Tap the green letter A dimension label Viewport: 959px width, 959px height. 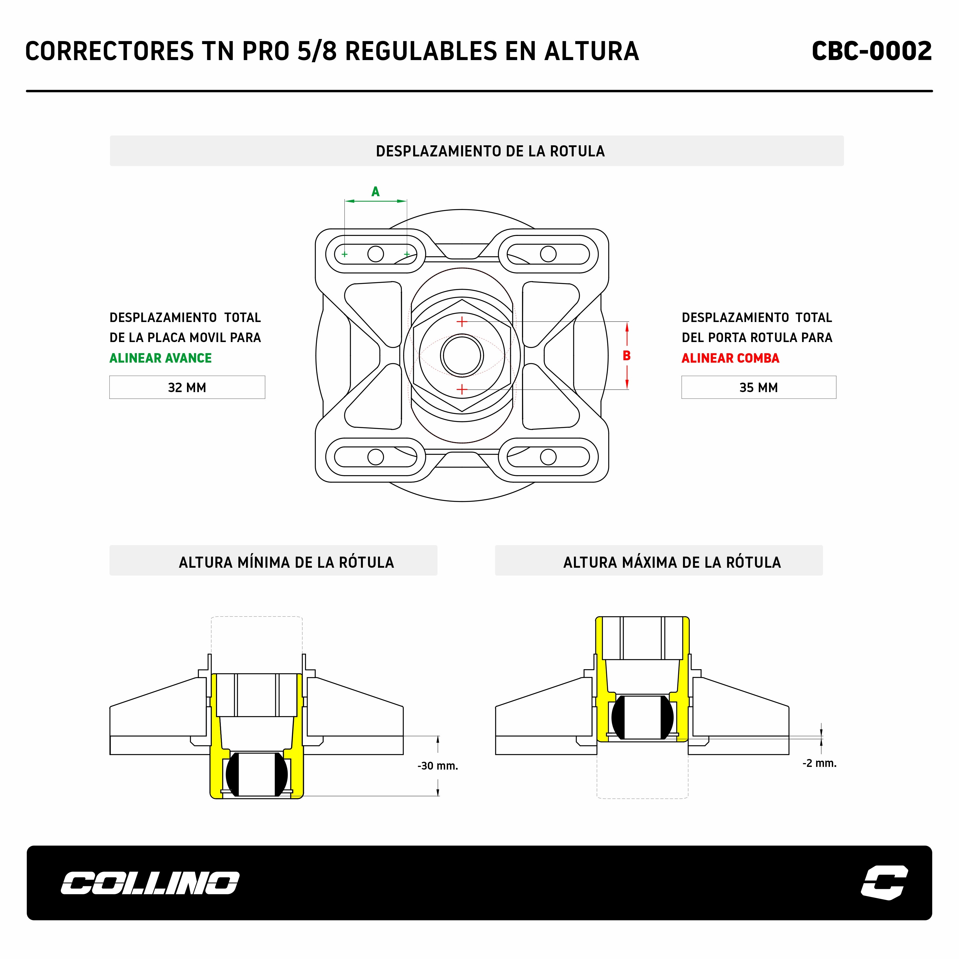(x=375, y=192)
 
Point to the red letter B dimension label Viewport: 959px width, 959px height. (x=626, y=355)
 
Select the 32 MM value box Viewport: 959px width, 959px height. (x=187, y=387)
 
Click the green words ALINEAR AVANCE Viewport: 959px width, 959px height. (x=160, y=358)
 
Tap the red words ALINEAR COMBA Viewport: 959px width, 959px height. (x=730, y=358)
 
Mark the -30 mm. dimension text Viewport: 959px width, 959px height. (x=437, y=766)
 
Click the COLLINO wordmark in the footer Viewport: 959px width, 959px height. (x=150, y=883)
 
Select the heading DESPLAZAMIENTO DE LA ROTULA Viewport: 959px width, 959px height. (x=490, y=151)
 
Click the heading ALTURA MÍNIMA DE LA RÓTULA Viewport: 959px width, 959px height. (x=286, y=562)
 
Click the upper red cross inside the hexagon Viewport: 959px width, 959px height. (x=462, y=322)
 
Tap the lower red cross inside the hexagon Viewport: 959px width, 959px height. (x=462, y=389)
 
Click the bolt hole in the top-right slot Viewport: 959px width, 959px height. (x=548, y=254)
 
